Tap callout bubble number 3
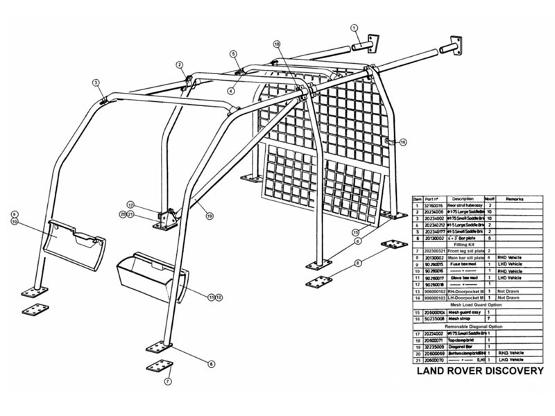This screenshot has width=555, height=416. pos(96,83)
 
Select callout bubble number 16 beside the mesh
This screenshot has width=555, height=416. pos(403,142)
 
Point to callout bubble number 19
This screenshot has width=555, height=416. pos(209,216)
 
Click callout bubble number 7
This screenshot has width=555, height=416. pos(167,381)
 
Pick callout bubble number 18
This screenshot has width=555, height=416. pos(277,44)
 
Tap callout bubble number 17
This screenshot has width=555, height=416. pos(130,205)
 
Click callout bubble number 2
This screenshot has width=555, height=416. pos(180,65)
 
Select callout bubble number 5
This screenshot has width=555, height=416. pos(234,53)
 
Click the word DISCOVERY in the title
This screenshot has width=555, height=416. pos(509,371)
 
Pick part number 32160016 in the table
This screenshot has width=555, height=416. pos(434,206)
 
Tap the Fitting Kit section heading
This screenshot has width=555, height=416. pos(477,243)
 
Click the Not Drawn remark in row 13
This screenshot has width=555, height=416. pos(511,291)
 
